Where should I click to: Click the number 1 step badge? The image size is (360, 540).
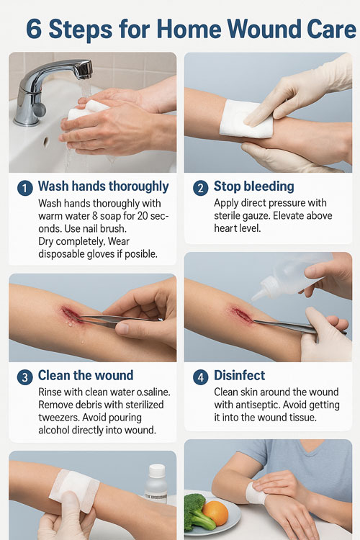tap(24, 189)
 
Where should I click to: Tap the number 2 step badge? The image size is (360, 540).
tap(200, 189)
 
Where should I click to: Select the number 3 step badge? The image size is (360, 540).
tap(24, 377)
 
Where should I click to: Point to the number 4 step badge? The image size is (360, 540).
tap(200, 377)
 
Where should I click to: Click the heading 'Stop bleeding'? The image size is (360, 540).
tap(254, 186)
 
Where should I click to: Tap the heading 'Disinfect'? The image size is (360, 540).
tap(240, 375)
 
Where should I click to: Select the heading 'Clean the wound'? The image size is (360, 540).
tap(86, 375)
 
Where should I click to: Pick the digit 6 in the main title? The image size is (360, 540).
tap(34, 30)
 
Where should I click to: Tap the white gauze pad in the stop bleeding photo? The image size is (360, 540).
tap(246, 119)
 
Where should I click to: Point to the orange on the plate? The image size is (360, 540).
tap(215, 513)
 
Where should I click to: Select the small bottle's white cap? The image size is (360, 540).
tap(157, 470)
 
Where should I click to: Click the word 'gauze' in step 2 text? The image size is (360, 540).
tap(252, 216)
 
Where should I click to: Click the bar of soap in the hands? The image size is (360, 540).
tap(86, 110)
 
